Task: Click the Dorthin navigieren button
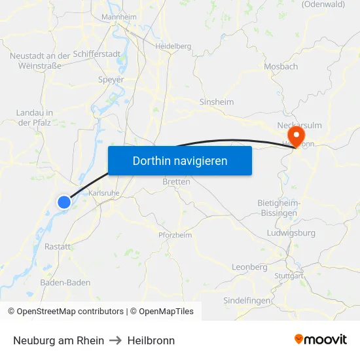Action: [x=180, y=160]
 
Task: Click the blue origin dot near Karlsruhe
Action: [x=63, y=202]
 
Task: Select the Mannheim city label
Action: [x=120, y=16]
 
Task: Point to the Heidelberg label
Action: [x=173, y=46]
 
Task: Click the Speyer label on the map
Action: [x=111, y=79]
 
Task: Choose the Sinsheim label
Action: [x=216, y=102]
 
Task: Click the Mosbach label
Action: [x=281, y=66]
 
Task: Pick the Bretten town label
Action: [x=176, y=181]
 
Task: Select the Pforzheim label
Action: [x=175, y=235]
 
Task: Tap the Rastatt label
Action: [x=58, y=246]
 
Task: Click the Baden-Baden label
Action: [x=65, y=283]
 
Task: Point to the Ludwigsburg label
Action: [x=291, y=233]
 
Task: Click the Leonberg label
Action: [x=250, y=267]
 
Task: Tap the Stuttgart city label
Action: [x=290, y=276]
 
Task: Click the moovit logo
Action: [x=321, y=340]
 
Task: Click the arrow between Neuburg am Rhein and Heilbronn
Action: [x=116, y=340]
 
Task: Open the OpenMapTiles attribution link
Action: [x=162, y=312]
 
